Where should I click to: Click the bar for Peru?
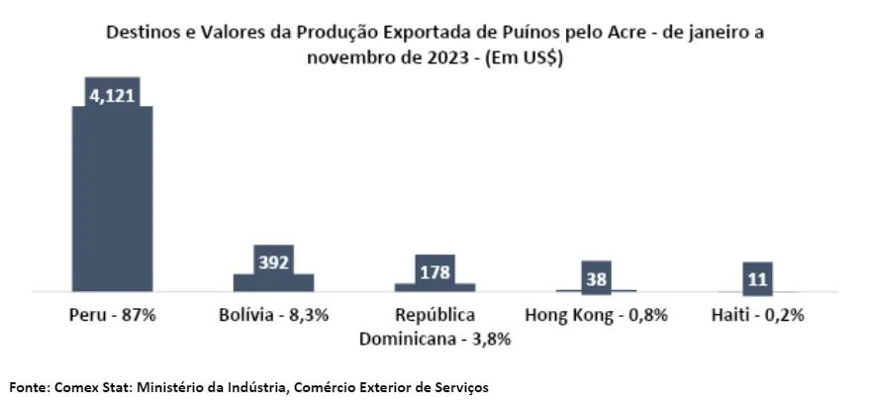coord(112,198)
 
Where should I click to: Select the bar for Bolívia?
coord(273,282)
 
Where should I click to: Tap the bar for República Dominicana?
coord(435,287)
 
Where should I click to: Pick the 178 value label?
coord(435,270)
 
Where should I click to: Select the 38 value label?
coord(596,278)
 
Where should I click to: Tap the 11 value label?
coord(757,279)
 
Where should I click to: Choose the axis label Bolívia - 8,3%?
coord(273,316)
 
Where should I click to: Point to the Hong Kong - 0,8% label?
coord(596,316)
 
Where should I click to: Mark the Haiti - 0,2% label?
coord(757,316)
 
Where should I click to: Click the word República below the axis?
coord(435,316)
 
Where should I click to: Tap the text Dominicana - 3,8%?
coord(435,339)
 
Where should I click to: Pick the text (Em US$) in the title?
coord(528,56)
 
